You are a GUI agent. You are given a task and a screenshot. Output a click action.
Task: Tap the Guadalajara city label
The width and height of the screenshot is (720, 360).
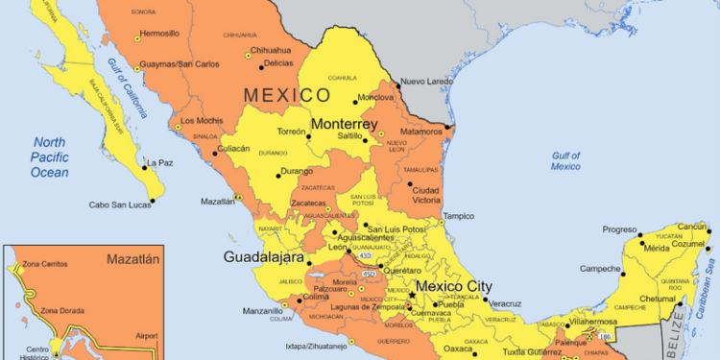click(x=263, y=257)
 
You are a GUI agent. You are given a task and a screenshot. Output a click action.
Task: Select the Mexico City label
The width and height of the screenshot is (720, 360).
click(x=453, y=286)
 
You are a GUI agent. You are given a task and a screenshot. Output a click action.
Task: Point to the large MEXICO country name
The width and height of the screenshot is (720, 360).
click(x=287, y=94)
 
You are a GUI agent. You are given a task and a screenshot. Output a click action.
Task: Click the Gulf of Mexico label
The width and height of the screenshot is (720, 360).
click(x=565, y=160)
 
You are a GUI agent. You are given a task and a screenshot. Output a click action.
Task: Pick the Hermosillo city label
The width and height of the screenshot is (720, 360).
click(x=158, y=33)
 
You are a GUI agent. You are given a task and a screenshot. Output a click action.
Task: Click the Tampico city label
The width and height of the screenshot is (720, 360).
click(x=458, y=216)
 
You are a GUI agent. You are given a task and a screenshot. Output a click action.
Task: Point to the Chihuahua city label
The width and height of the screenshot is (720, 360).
click(x=270, y=50)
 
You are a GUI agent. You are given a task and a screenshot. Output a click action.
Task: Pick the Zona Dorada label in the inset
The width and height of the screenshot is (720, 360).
click(x=61, y=311)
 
